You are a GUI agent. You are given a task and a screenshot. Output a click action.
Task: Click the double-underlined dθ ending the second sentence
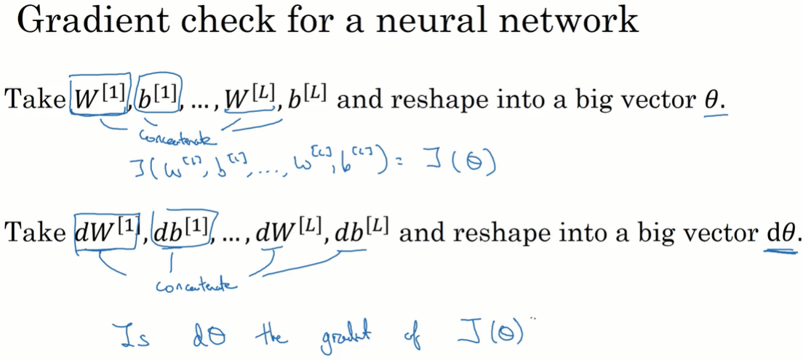[779, 233]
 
